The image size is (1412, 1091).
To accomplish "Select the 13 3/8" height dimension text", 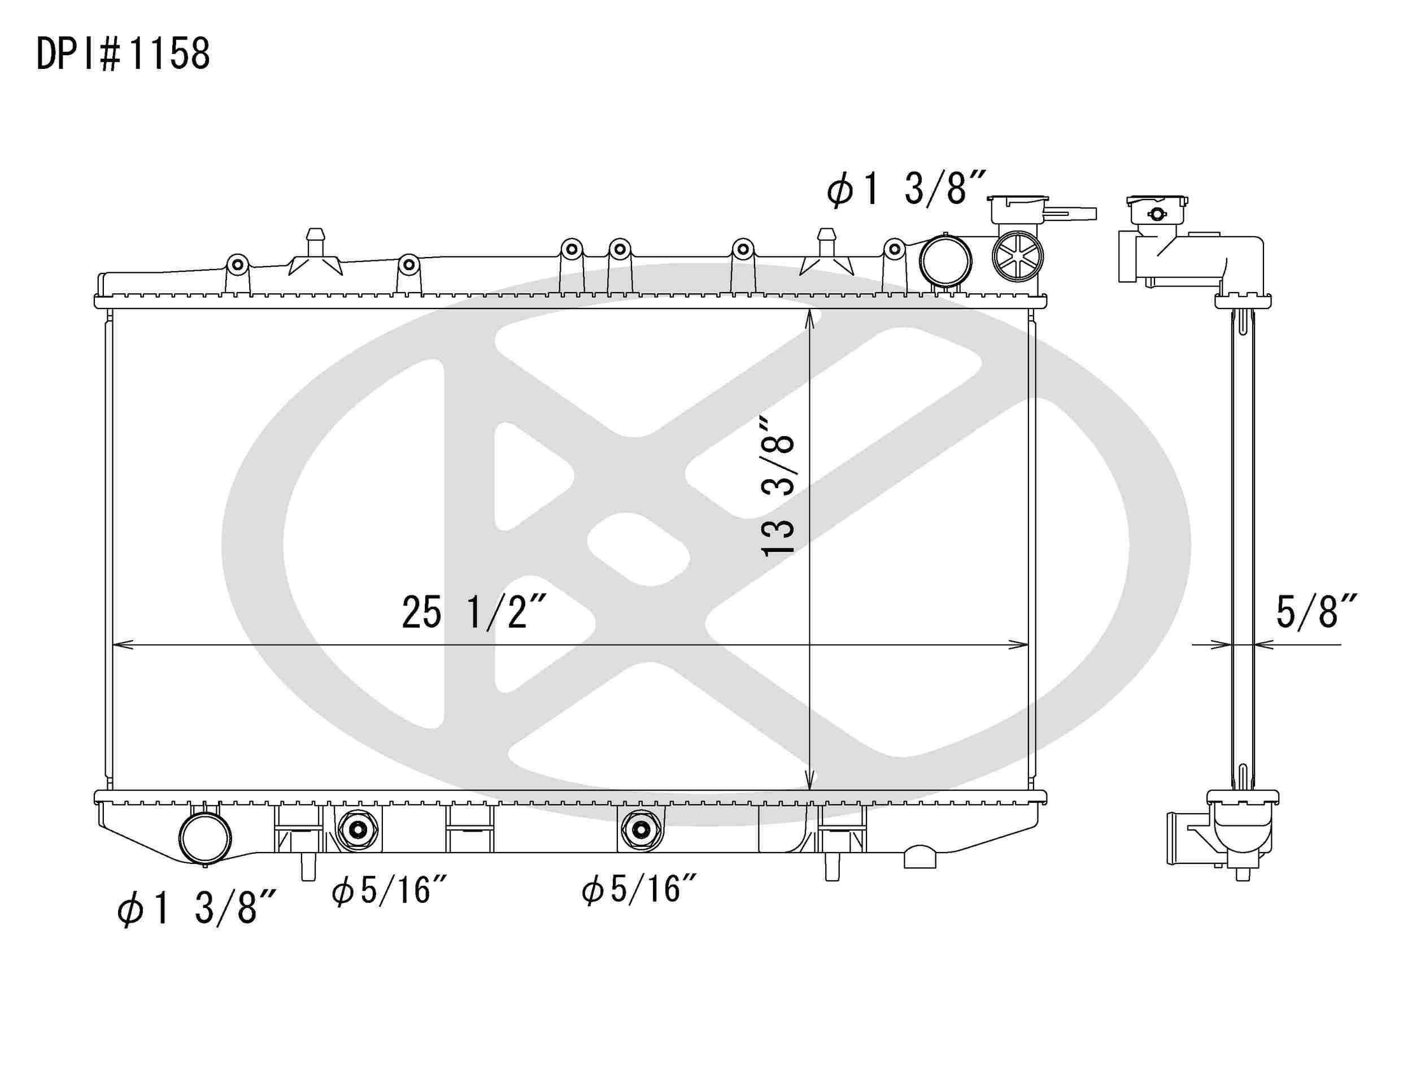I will (778, 485).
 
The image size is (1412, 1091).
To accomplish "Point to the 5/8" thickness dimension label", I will (1315, 612).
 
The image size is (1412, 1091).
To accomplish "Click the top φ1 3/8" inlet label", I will (907, 189).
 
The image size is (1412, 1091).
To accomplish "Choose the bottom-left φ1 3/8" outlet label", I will (197, 908).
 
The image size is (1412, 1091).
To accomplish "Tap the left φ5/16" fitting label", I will (389, 890).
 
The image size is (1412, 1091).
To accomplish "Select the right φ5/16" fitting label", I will (639, 889).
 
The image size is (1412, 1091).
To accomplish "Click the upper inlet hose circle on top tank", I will (945, 260).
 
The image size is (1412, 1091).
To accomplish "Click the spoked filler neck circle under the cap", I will (1018, 256).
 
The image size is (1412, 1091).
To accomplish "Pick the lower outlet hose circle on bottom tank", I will (205, 837).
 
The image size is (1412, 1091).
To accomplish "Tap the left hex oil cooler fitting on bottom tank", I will (358, 830).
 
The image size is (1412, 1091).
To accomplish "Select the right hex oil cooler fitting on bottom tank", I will (640, 830).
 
